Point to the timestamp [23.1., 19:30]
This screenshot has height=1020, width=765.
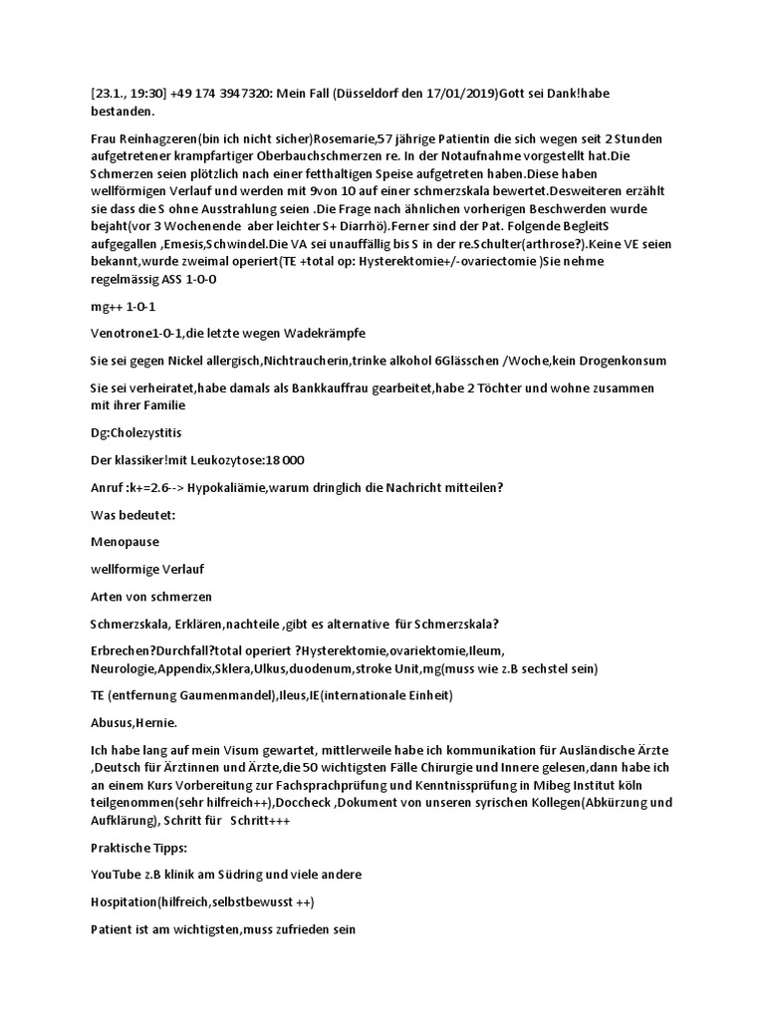(x=127, y=94)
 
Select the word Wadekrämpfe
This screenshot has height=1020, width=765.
(x=319, y=334)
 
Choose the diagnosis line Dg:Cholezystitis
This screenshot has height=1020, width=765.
(x=136, y=432)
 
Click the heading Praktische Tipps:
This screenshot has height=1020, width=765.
(x=140, y=848)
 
